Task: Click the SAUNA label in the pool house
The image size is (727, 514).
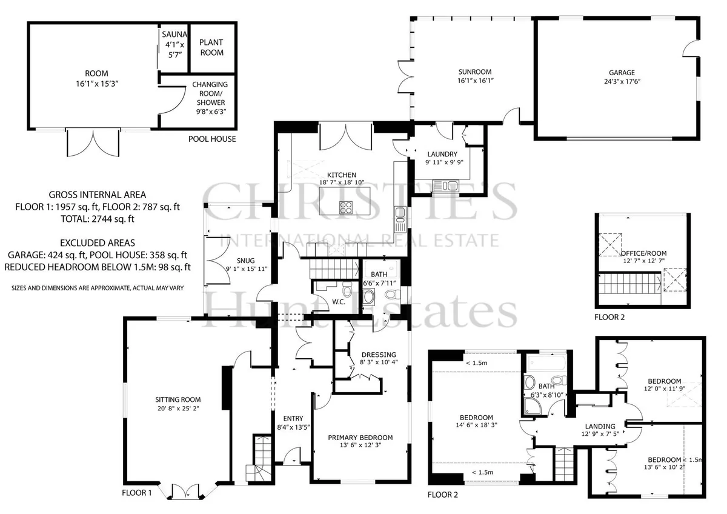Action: point(174,35)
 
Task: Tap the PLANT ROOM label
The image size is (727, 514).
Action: point(211,47)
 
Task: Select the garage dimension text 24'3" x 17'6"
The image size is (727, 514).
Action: point(622,81)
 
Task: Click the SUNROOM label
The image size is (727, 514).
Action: point(475,72)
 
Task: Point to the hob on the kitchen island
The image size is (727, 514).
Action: point(346,207)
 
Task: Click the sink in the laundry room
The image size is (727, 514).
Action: point(446,186)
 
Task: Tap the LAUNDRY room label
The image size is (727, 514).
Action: point(442,154)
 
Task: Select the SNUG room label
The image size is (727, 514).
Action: point(246,261)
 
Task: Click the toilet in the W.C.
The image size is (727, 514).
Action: point(347,289)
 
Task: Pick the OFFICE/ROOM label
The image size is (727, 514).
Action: point(643,253)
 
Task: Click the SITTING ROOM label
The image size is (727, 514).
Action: point(178,399)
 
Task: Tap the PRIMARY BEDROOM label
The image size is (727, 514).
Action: point(360,438)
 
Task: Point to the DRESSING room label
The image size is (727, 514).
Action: point(379,355)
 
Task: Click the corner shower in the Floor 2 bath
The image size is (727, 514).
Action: point(533,407)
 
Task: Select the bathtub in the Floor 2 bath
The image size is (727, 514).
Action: point(547,362)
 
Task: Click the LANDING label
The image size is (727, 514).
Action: point(600,426)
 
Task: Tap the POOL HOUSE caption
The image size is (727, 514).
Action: point(212,139)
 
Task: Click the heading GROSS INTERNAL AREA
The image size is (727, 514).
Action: point(98,195)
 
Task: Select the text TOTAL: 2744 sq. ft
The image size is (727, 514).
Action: point(98,219)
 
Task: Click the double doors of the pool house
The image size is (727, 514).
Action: point(93,143)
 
